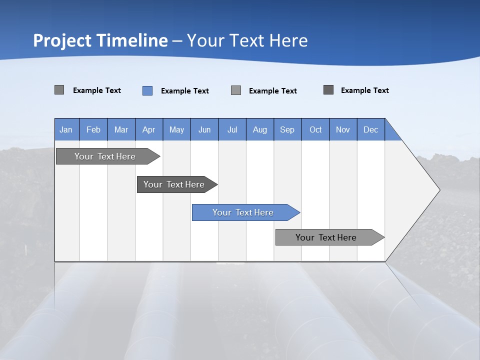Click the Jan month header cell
coord(66,129)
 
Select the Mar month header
coord(121,129)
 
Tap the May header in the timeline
coord(176,129)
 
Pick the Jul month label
coord(232,129)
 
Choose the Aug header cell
coord(259,129)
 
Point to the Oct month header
coord(315,129)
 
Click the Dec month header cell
coord(370,129)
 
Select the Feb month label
coord(93,129)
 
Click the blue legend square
coord(147,90)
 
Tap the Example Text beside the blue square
coord(184,91)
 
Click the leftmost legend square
coord(59,90)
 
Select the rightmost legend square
coord(328,90)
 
